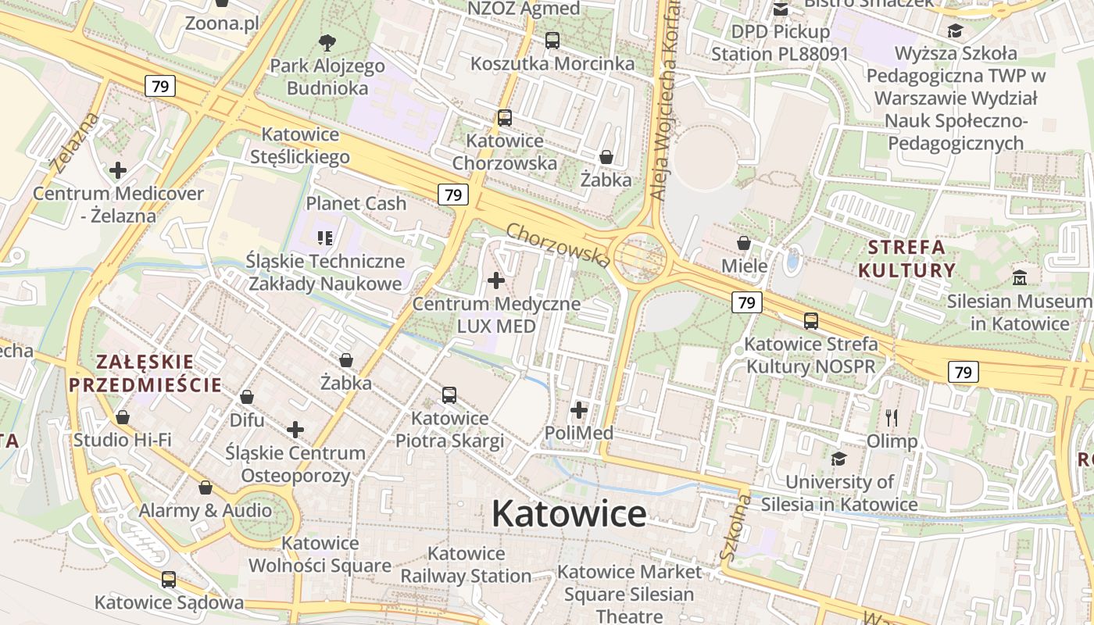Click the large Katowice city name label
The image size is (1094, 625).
point(569,513)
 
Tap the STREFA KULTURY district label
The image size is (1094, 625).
point(906,259)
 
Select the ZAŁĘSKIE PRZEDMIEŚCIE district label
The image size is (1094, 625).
point(145,373)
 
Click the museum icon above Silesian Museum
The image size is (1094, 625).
point(1019,277)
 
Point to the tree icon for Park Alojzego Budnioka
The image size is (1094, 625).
point(327,42)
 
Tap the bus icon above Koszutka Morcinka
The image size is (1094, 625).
point(552,40)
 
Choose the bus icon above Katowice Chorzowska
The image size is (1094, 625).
point(505,118)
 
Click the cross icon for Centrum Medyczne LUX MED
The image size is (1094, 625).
point(496,280)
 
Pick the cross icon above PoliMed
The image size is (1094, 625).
point(579,409)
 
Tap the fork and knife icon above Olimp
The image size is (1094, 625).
point(892,418)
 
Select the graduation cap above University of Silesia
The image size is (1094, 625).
point(838,459)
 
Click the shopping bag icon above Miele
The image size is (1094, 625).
point(744,243)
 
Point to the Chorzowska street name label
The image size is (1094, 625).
point(557,244)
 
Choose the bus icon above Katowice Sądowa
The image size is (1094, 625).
point(169,580)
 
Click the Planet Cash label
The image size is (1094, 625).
point(356,203)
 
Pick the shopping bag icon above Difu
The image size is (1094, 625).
point(247,397)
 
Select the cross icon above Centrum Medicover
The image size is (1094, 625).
point(118,170)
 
